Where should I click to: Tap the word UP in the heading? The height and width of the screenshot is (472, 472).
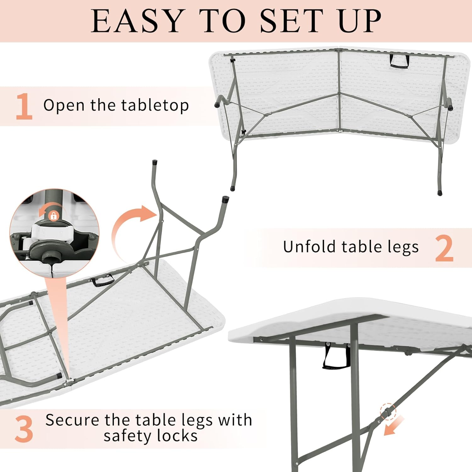click(x=360, y=21)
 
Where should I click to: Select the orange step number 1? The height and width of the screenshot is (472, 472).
click(x=24, y=106)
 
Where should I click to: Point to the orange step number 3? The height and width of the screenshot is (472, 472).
click(x=24, y=429)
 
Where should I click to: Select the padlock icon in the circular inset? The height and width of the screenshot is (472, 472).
click(x=53, y=216)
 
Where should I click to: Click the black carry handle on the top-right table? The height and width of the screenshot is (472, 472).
click(x=400, y=61)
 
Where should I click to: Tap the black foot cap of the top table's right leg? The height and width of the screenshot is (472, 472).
click(x=440, y=192)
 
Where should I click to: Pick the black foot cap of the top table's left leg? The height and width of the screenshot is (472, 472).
click(x=233, y=188)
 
